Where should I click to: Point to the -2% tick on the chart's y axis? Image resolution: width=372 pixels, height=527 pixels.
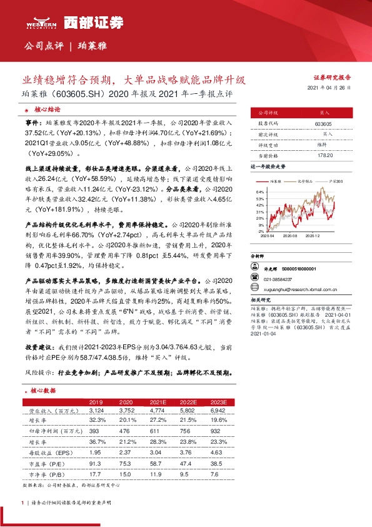tap(260, 231)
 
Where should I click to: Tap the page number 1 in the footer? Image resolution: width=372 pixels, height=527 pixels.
tap(23, 503)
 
